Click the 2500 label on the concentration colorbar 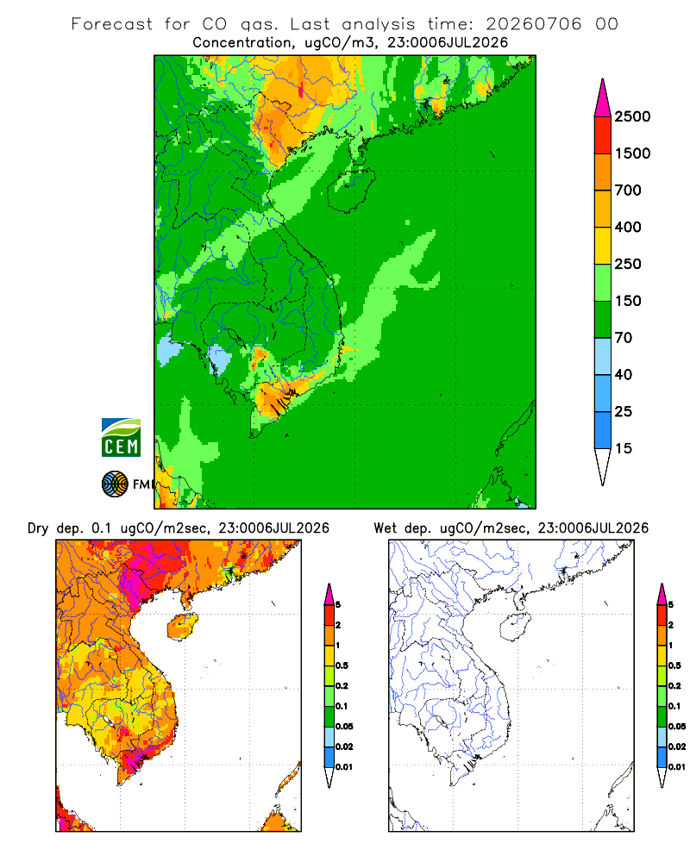click(632, 116)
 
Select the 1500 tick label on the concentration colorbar click(632, 153)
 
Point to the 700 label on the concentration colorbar click(628, 191)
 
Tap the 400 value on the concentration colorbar click(628, 227)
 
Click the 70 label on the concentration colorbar click(624, 338)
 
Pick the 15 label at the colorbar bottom click(624, 448)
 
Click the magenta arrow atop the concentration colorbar click(603, 98)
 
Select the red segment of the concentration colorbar click(603, 135)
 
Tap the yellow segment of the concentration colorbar click(603, 246)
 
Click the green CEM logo click(121, 438)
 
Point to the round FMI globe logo click(115, 484)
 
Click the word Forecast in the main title click(112, 24)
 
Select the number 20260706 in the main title click(533, 24)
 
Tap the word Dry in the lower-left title click(38, 529)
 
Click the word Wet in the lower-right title click(385, 528)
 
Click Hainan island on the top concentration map click(351, 189)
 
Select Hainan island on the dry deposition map click(182, 627)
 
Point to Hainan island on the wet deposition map click(515, 627)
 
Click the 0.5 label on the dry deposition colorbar click(342, 665)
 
